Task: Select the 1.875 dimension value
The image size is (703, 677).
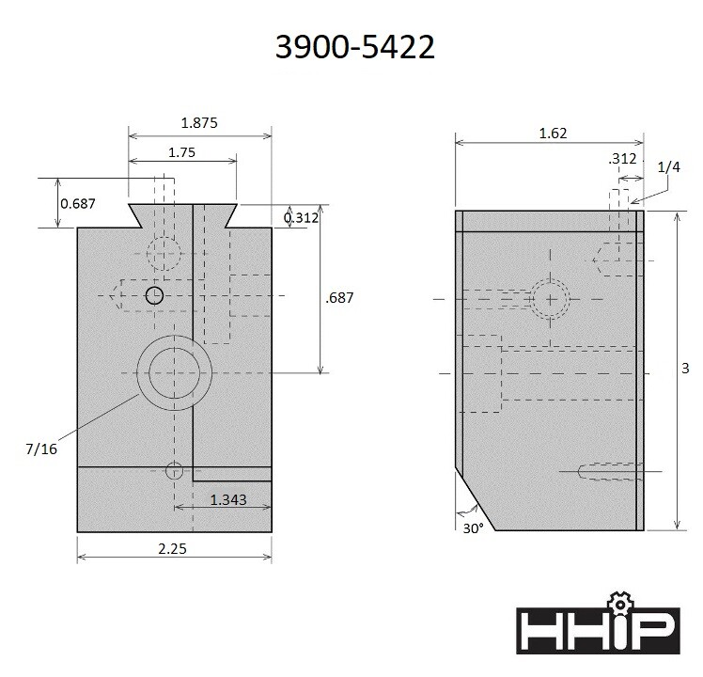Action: coord(200,122)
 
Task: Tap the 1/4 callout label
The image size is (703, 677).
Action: coord(668,167)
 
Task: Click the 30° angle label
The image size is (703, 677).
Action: coord(473,528)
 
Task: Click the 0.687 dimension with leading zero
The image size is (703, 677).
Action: coord(78,203)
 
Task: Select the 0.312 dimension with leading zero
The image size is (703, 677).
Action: coord(302,218)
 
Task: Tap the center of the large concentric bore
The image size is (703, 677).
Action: coord(173,372)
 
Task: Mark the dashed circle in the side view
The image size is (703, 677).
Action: coord(549,299)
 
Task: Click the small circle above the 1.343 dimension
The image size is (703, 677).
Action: coord(174,471)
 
